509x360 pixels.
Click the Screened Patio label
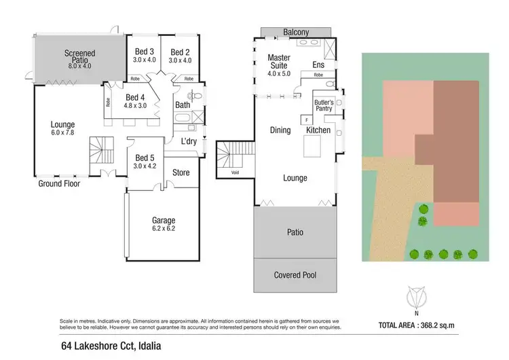(x=79, y=57)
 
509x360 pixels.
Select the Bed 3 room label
(x=144, y=56)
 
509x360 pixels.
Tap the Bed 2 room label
(x=179, y=56)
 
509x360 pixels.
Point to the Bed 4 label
(x=136, y=101)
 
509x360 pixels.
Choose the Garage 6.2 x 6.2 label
(x=163, y=225)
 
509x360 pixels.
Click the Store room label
(x=181, y=173)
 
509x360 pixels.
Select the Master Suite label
(x=279, y=61)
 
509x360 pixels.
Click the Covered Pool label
(x=295, y=275)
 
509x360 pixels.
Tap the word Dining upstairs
(x=280, y=130)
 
